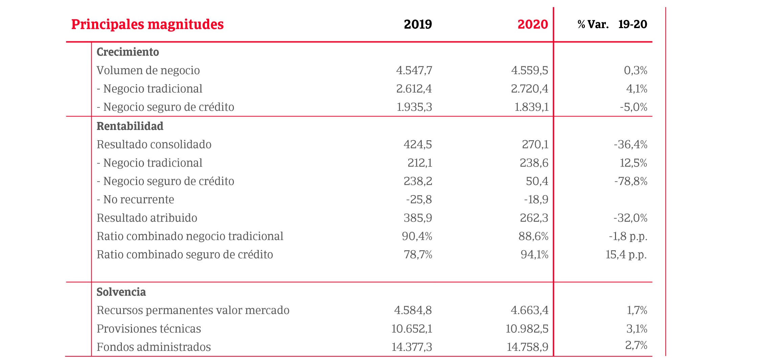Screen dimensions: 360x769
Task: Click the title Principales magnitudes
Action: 147,24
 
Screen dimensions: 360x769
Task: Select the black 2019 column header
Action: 418,24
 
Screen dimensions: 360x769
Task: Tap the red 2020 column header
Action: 532,24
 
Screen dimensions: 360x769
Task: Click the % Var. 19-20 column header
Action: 612,24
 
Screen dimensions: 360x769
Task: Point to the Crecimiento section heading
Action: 128,52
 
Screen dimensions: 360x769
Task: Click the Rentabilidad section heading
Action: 130,126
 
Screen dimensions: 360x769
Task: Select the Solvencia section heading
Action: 121,292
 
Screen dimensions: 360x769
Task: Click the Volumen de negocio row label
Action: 148,70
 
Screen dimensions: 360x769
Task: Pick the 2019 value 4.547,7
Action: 414,70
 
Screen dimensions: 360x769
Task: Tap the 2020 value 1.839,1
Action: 531,107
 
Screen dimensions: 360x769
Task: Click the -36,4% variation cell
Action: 630,145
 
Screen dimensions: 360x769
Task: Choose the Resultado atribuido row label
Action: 147,218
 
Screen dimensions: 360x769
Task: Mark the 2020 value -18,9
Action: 536,199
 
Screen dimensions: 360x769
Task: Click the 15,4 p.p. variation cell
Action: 626,254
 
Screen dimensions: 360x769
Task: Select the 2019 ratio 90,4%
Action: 417,236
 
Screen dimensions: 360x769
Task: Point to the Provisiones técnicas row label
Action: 149,329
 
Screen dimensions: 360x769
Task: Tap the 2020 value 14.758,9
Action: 527,347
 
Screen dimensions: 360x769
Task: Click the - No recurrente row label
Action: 135,199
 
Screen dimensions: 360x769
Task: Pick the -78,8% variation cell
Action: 631,181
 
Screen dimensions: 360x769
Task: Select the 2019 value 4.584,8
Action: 413,310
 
